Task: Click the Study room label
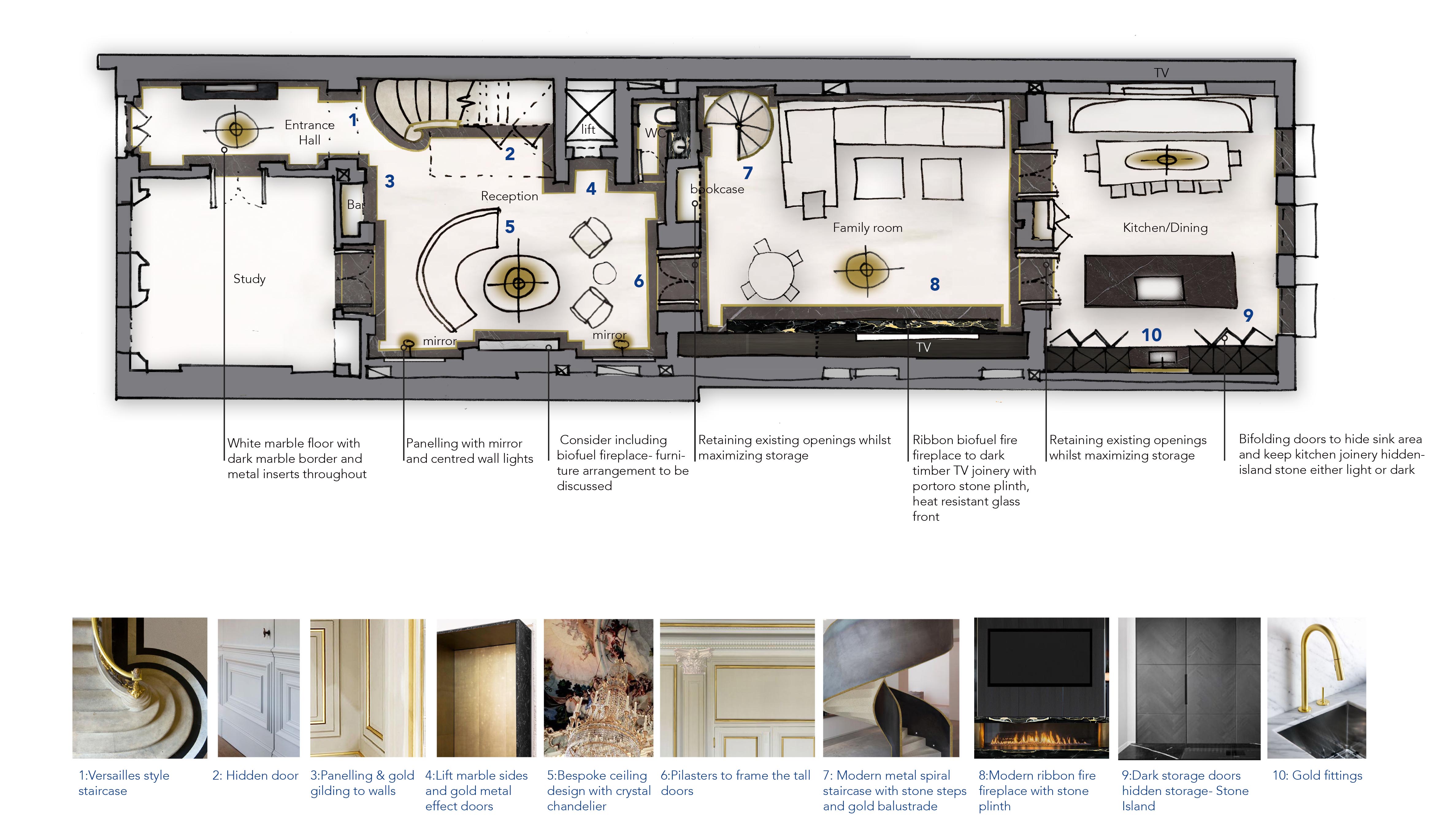click(x=249, y=279)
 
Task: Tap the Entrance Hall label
click(x=310, y=132)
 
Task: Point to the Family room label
click(x=867, y=228)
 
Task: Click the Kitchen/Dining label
click(x=1165, y=228)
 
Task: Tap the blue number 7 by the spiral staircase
click(x=748, y=173)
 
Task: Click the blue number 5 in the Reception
click(x=510, y=227)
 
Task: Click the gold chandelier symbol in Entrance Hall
click(x=236, y=129)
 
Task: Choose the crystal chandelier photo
click(x=598, y=688)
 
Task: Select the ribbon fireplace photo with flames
click(x=1041, y=688)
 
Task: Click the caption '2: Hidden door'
click(x=255, y=775)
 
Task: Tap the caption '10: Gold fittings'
click(x=1317, y=775)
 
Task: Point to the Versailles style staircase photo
click(x=140, y=688)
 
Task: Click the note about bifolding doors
click(x=1331, y=454)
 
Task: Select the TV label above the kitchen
click(x=1161, y=73)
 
